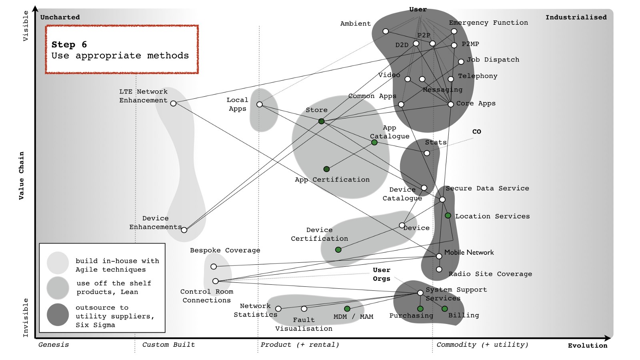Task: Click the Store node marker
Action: click(x=321, y=121)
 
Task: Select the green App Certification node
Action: click(x=326, y=169)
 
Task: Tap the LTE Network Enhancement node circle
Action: click(x=173, y=104)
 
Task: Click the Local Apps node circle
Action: click(x=260, y=104)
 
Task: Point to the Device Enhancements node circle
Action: click(x=184, y=230)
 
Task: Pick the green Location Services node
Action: click(x=448, y=216)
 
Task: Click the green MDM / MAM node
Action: click(x=347, y=309)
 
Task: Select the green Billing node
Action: click(x=444, y=309)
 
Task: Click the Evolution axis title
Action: click(x=587, y=346)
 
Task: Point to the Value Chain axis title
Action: click(x=21, y=176)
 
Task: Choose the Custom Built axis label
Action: click(x=168, y=345)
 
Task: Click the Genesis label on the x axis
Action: click(x=54, y=345)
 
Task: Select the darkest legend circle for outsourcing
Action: click(x=58, y=315)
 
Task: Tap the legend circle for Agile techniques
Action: click(x=58, y=263)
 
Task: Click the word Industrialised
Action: click(x=576, y=17)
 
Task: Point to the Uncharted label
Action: click(x=60, y=17)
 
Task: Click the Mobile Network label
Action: click(x=469, y=252)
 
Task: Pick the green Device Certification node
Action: click(x=338, y=250)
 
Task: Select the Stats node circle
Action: click(x=427, y=153)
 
